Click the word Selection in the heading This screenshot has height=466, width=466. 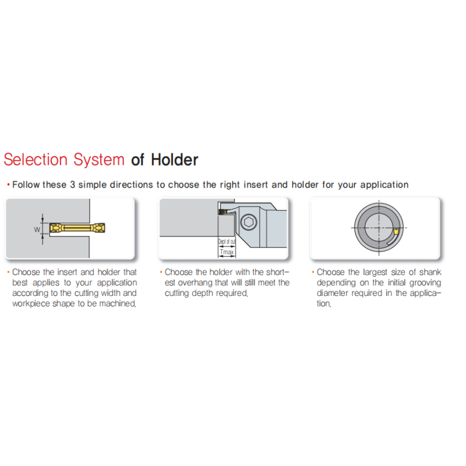pyautogui.click(x=36, y=160)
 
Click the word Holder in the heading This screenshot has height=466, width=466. pyautogui.click(x=174, y=160)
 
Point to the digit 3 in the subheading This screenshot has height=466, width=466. pyautogui.click(x=72, y=185)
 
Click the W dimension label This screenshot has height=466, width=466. pyautogui.click(x=37, y=230)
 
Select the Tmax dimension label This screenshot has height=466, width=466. pyautogui.click(x=227, y=252)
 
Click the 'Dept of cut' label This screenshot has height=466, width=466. pyautogui.click(x=227, y=241)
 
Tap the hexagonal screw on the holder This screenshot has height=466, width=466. pyautogui.click(x=249, y=222)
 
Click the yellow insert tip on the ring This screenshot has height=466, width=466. pyautogui.click(x=396, y=231)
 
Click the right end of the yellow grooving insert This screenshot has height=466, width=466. pyautogui.click(x=105, y=228)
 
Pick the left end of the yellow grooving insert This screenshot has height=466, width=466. pyautogui.click(x=50, y=228)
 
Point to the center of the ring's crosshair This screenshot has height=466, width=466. pyautogui.click(x=379, y=228)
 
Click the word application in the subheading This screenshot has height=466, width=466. pyautogui.click(x=384, y=185)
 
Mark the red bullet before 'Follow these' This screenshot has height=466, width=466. pyautogui.click(x=8, y=185)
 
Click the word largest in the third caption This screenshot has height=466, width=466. pyautogui.click(x=375, y=272)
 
